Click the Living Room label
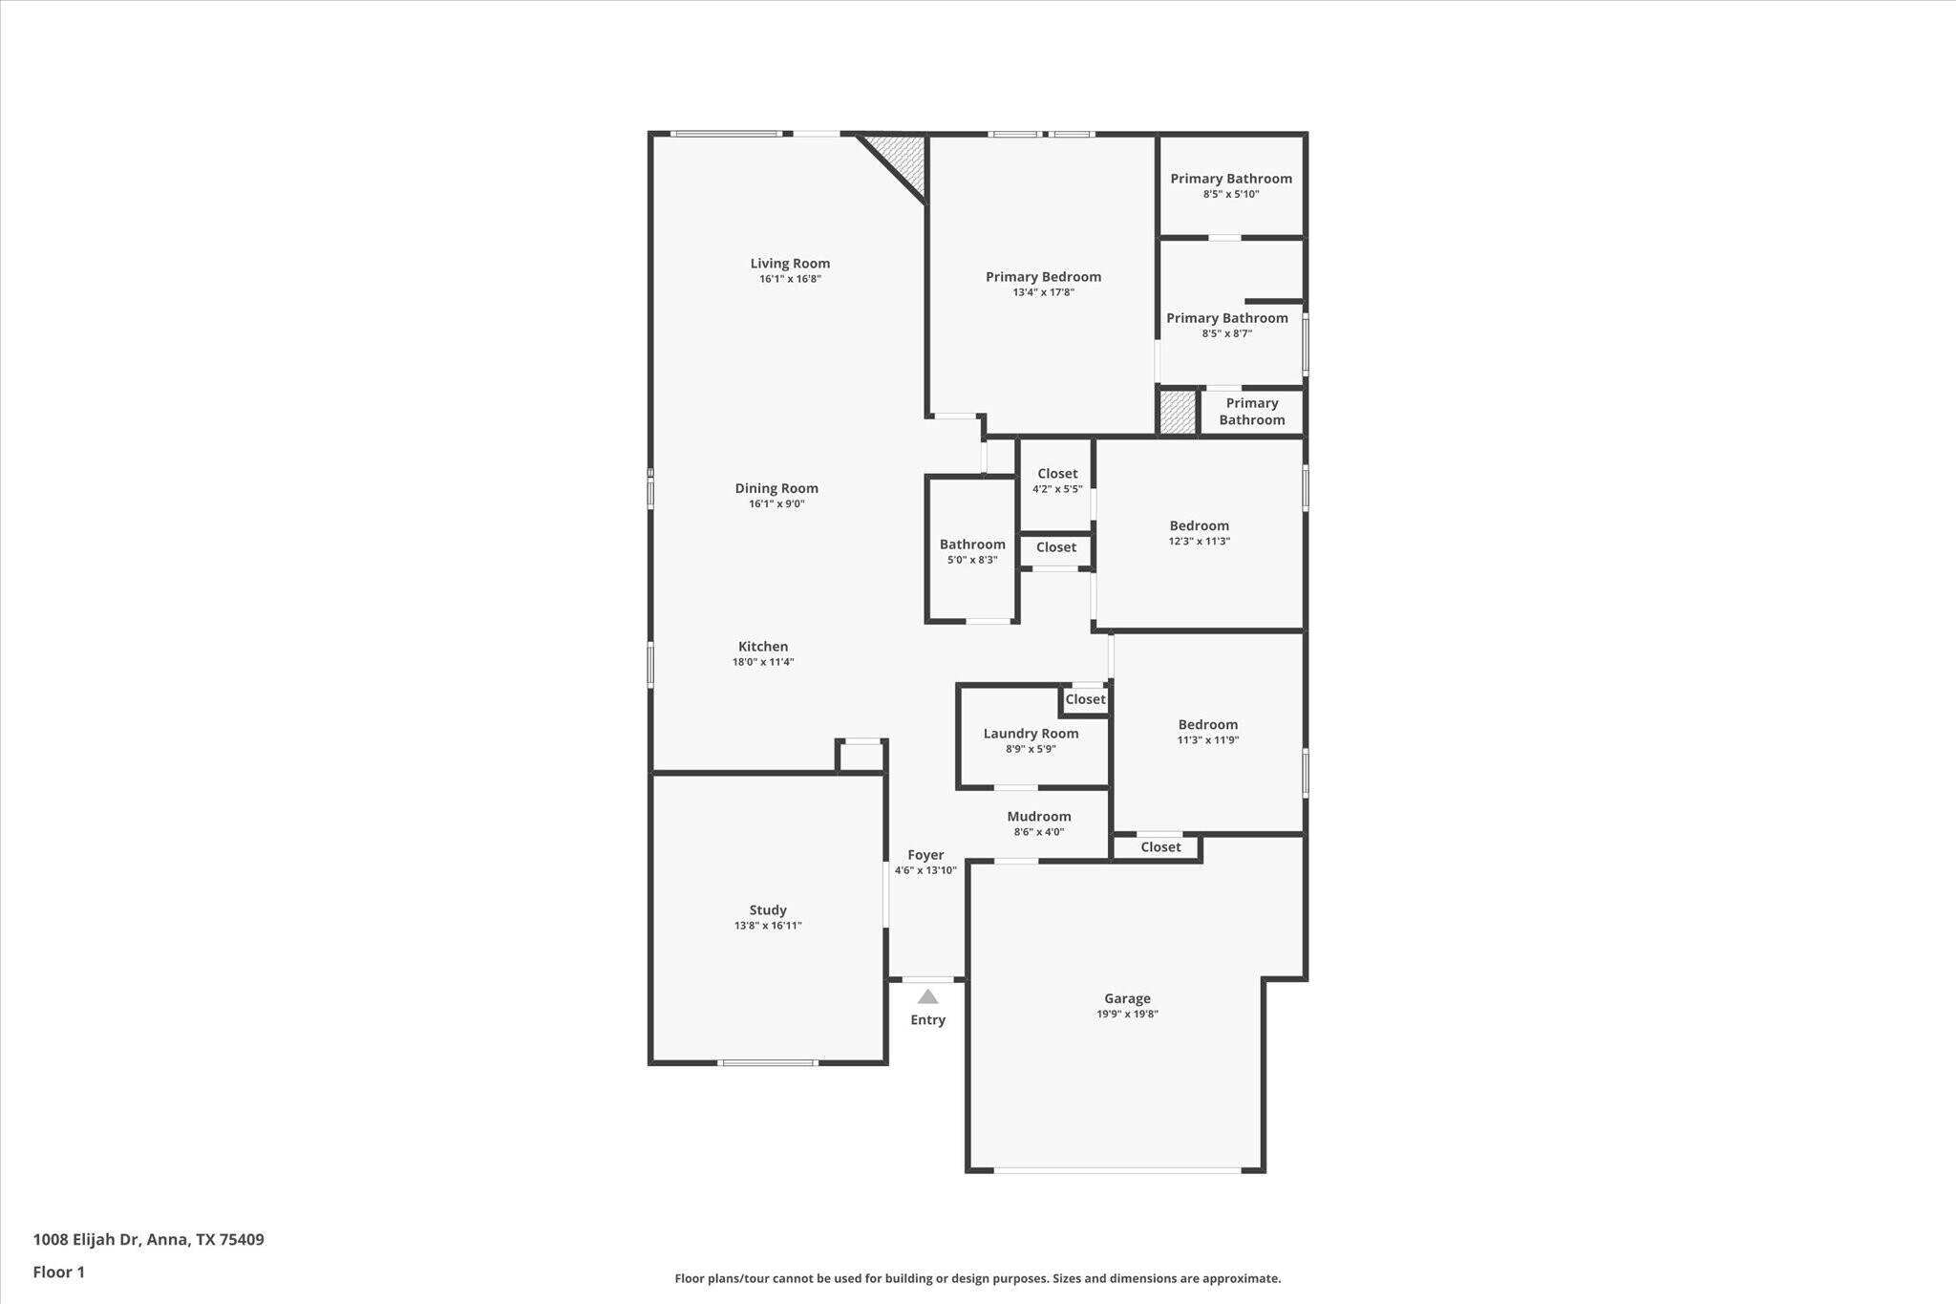[790, 264]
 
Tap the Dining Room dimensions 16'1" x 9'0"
[776, 504]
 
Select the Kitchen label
[763, 647]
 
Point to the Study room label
[768, 910]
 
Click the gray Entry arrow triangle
[927, 996]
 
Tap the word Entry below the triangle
[927, 1020]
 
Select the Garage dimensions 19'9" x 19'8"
[1127, 1015]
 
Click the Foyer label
[925, 855]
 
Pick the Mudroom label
[1039, 817]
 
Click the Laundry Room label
[1031, 734]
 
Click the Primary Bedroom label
[1043, 277]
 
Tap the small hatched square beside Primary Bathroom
[1177, 412]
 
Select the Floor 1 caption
[58, 1272]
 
